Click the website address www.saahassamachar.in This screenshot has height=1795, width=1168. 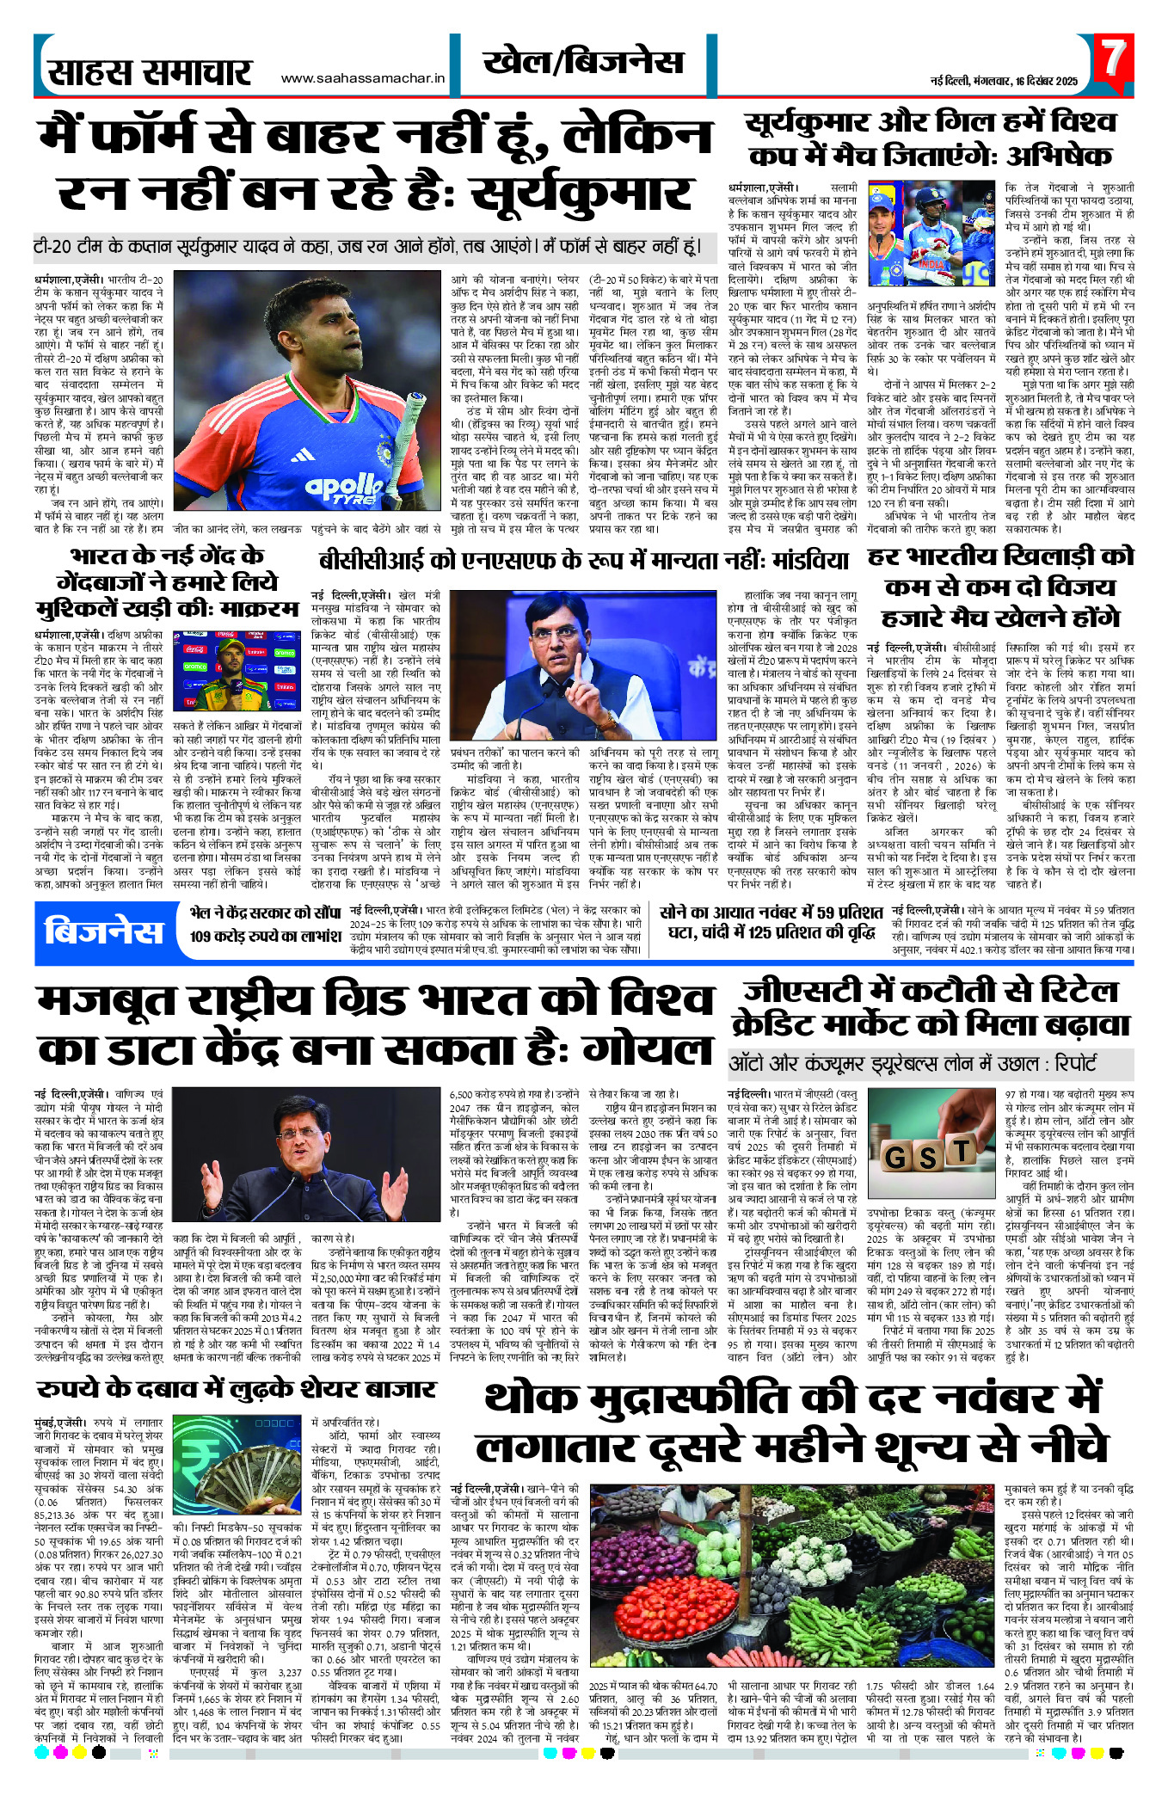point(363,78)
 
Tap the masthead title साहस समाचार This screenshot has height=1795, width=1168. point(150,72)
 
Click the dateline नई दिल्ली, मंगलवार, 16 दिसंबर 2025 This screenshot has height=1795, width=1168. point(1004,81)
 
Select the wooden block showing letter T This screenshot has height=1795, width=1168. point(960,1149)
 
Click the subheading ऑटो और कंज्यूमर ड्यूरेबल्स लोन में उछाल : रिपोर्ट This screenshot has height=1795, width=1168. point(913,1063)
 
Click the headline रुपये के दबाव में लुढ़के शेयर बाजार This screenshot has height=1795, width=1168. point(237,1389)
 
